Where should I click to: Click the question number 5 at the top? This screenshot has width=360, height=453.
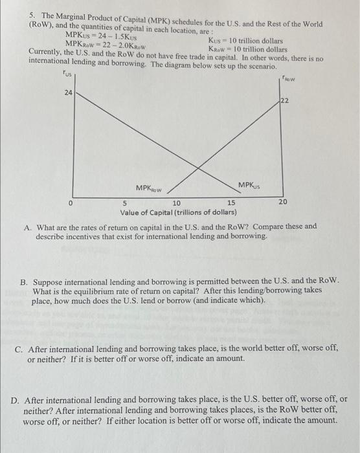point(33,15)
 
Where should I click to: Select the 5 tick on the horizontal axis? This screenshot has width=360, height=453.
point(126,203)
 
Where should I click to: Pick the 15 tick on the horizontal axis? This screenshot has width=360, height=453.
point(231,203)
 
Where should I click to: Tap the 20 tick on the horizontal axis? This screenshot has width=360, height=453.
point(283,203)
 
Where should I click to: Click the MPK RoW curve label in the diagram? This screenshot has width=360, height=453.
point(149,189)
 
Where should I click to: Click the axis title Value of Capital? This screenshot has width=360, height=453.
point(178,212)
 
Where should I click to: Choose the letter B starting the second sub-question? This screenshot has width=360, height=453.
point(24,283)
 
